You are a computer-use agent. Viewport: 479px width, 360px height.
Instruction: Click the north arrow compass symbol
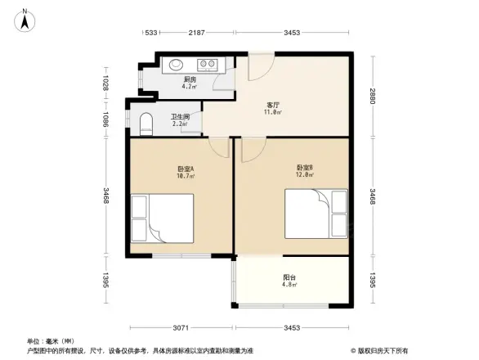25,20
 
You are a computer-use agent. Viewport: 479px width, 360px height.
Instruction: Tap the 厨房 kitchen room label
188,79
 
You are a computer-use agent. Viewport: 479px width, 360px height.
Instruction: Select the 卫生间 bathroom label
180,117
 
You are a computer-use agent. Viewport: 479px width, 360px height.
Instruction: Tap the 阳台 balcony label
290,277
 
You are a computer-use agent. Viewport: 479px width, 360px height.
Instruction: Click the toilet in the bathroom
145,124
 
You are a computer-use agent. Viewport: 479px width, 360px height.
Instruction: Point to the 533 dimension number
150,33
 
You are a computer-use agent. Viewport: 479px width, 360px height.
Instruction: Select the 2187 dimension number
196,33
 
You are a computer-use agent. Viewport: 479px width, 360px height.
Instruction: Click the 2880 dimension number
372,94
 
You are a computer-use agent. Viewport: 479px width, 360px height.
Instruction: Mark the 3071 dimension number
181,328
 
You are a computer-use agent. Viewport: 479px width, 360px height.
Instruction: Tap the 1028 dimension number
105,83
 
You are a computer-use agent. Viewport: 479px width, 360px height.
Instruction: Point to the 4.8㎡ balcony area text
290,285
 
